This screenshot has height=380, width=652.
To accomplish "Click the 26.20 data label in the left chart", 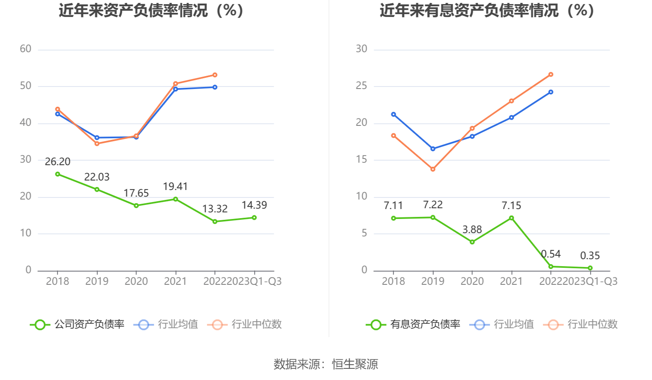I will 58,161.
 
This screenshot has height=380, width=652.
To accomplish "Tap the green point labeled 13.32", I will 215,221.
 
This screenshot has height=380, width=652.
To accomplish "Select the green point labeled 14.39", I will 254,217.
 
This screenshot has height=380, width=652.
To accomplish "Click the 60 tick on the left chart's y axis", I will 26,49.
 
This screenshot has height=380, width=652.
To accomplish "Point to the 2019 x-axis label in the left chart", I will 97,281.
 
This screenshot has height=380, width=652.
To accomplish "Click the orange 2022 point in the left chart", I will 215,75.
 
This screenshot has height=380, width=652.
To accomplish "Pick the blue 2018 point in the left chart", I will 58,114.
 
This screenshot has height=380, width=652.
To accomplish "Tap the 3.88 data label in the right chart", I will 472,229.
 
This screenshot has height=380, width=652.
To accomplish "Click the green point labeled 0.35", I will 590,268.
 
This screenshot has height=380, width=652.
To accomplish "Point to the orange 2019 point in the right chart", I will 432,169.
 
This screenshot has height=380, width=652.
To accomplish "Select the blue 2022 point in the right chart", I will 551,92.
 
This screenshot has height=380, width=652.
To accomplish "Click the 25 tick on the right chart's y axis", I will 361,86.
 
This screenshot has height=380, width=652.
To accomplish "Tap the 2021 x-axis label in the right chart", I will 511,281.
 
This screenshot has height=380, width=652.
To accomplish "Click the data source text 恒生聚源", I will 355,364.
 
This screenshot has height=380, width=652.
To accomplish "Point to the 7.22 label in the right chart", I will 432,204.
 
